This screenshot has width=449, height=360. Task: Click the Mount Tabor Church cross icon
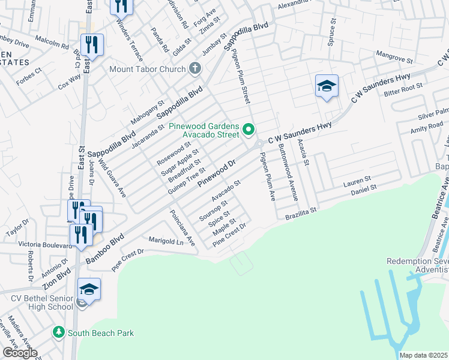pos(194,69)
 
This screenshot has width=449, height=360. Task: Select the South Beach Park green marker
pos(58,332)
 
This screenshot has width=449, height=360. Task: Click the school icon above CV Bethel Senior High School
pos(89,290)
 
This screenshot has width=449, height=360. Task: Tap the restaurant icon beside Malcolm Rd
pos(92,45)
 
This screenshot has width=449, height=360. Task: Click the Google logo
pos(20,353)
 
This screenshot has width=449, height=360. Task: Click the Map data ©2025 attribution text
pos(424,355)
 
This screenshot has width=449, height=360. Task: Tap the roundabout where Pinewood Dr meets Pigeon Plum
pos(260,144)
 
